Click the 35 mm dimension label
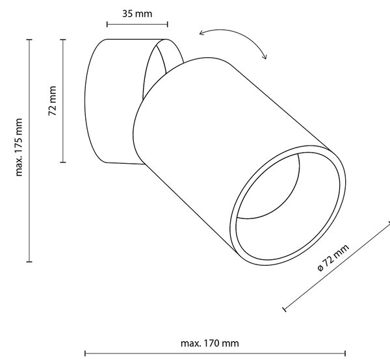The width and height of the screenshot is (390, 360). pos(137,14)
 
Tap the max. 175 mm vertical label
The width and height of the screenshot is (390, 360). pos(19,147)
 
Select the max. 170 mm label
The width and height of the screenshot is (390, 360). pos(210,343)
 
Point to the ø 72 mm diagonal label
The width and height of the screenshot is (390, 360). pos(333,257)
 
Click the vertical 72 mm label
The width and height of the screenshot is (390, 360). pos(52,101)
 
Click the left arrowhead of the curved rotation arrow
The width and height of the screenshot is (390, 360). pos(202,33)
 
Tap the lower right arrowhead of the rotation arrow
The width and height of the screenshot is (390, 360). pos(265,57)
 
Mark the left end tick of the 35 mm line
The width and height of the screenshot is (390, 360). pos(107,24)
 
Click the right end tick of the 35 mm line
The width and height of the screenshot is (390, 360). pos(168,24)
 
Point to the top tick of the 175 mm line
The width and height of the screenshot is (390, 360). pos(29,40)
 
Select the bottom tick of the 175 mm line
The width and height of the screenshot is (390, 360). pos(29,261)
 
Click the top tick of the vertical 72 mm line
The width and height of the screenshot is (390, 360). pos(63,40)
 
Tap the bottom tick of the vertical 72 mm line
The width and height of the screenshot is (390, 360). pos(63,162)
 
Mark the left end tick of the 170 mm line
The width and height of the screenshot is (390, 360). pos(85,354)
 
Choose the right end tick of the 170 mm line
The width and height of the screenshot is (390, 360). pos(345,354)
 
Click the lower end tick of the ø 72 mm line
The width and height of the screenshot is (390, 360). pos(285,309)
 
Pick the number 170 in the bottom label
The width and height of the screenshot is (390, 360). pos(211,343)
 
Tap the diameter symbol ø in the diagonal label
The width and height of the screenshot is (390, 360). pos(320,268)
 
